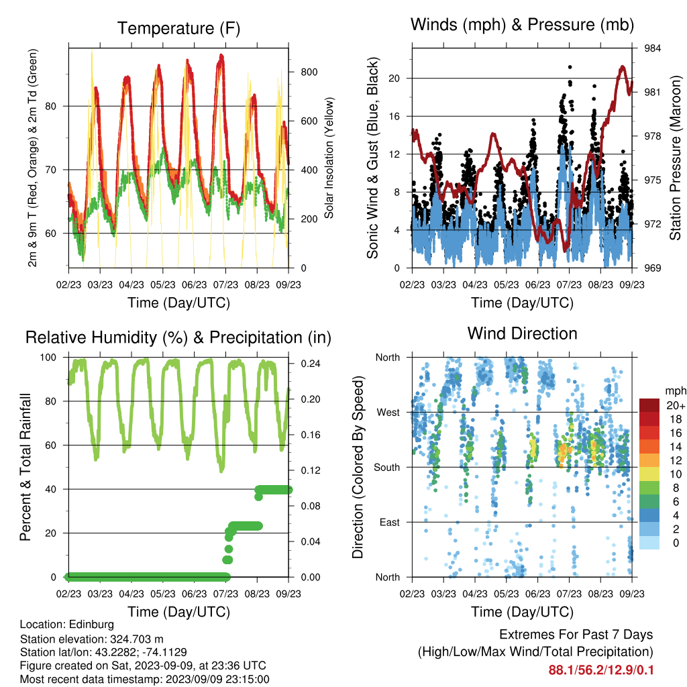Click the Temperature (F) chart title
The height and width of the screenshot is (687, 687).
(x=178, y=28)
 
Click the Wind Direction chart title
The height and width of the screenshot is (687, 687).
(x=522, y=333)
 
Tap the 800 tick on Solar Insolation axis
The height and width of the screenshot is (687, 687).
(x=309, y=72)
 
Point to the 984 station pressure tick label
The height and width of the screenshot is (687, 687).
(x=652, y=48)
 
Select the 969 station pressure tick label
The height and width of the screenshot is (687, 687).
(x=652, y=268)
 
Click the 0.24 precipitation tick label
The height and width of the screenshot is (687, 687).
(x=311, y=364)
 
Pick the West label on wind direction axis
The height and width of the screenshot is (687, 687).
(x=388, y=413)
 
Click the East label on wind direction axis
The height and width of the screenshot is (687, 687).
(x=390, y=522)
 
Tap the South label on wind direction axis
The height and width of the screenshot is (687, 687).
(x=387, y=468)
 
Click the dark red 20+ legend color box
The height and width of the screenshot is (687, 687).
(x=649, y=405)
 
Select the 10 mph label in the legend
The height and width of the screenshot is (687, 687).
(x=676, y=474)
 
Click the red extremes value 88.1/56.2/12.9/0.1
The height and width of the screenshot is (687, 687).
(x=600, y=670)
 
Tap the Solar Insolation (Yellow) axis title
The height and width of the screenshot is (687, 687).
(x=329, y=158)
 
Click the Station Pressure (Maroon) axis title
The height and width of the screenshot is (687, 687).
(x=675, y=158)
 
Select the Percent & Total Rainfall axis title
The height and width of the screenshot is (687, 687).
(x=25, y=467)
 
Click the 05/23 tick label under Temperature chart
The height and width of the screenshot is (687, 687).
(x=163, y=284)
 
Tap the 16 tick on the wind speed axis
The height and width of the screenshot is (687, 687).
(x=394, y=116)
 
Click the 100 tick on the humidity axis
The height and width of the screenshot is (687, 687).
(x=48, y=358)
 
